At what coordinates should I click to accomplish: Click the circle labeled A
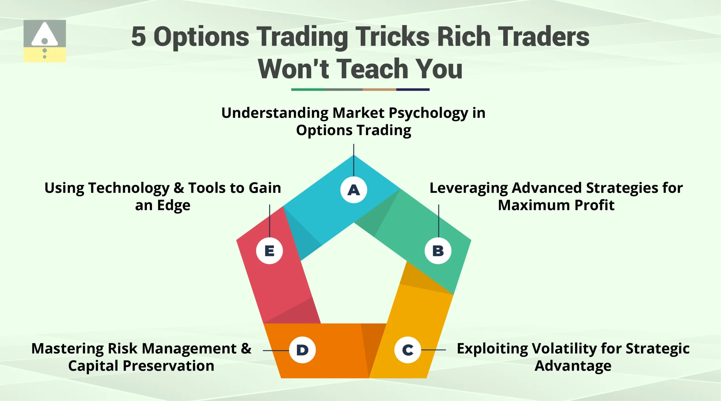coord(353,190)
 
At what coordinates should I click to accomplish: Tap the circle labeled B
coord(438,251)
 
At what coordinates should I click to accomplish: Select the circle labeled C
coord(408,350)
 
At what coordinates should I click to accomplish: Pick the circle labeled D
coord(302,350)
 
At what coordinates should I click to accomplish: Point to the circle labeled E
coord(270,251)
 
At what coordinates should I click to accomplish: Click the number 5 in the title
coord(139,37)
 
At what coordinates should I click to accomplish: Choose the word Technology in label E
coord(129,188)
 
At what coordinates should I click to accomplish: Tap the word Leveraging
coord(468,188)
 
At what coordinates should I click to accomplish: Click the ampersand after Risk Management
coord(246,349)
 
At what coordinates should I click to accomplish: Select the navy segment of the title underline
coord(413,90)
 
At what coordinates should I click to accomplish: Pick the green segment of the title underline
coord(308,90)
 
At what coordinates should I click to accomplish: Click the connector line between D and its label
coord(276,350)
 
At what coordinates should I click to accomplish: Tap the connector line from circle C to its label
coord(433,350)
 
